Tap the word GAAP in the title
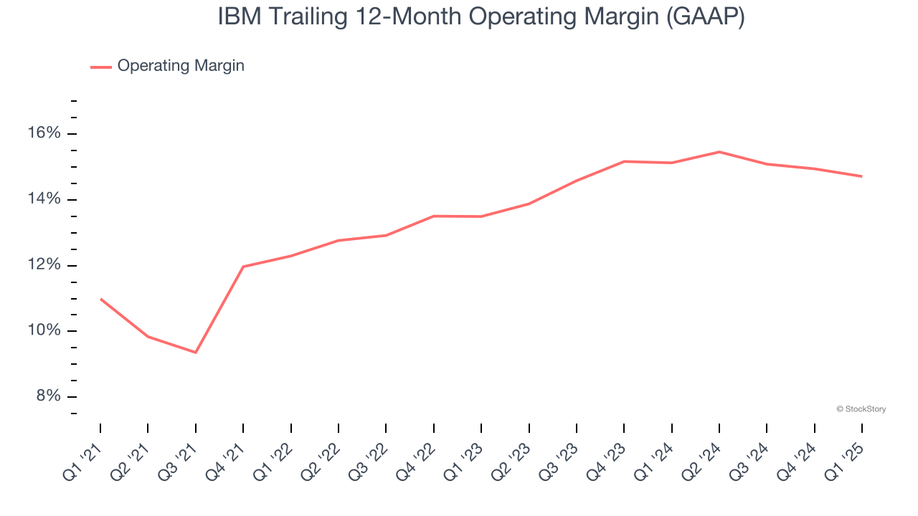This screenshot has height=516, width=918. (704, 16)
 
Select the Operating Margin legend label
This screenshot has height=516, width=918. (181, 66)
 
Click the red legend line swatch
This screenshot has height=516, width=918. (100, 67)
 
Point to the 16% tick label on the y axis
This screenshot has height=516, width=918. (44, 133)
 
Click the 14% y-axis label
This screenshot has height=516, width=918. (44, 199)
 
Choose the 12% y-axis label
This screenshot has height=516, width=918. (44, 265)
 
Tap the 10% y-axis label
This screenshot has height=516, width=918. (44, 330)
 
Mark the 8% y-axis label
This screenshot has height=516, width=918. (49, 396)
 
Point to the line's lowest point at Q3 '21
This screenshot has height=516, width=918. (195, 352)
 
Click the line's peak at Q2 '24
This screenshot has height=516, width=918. (719, 152)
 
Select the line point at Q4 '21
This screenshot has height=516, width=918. (243, 267)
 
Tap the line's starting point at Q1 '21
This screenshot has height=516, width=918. (100, 299)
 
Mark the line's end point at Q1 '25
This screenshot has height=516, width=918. (861, 176)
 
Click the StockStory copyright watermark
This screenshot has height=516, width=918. (861, 409)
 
